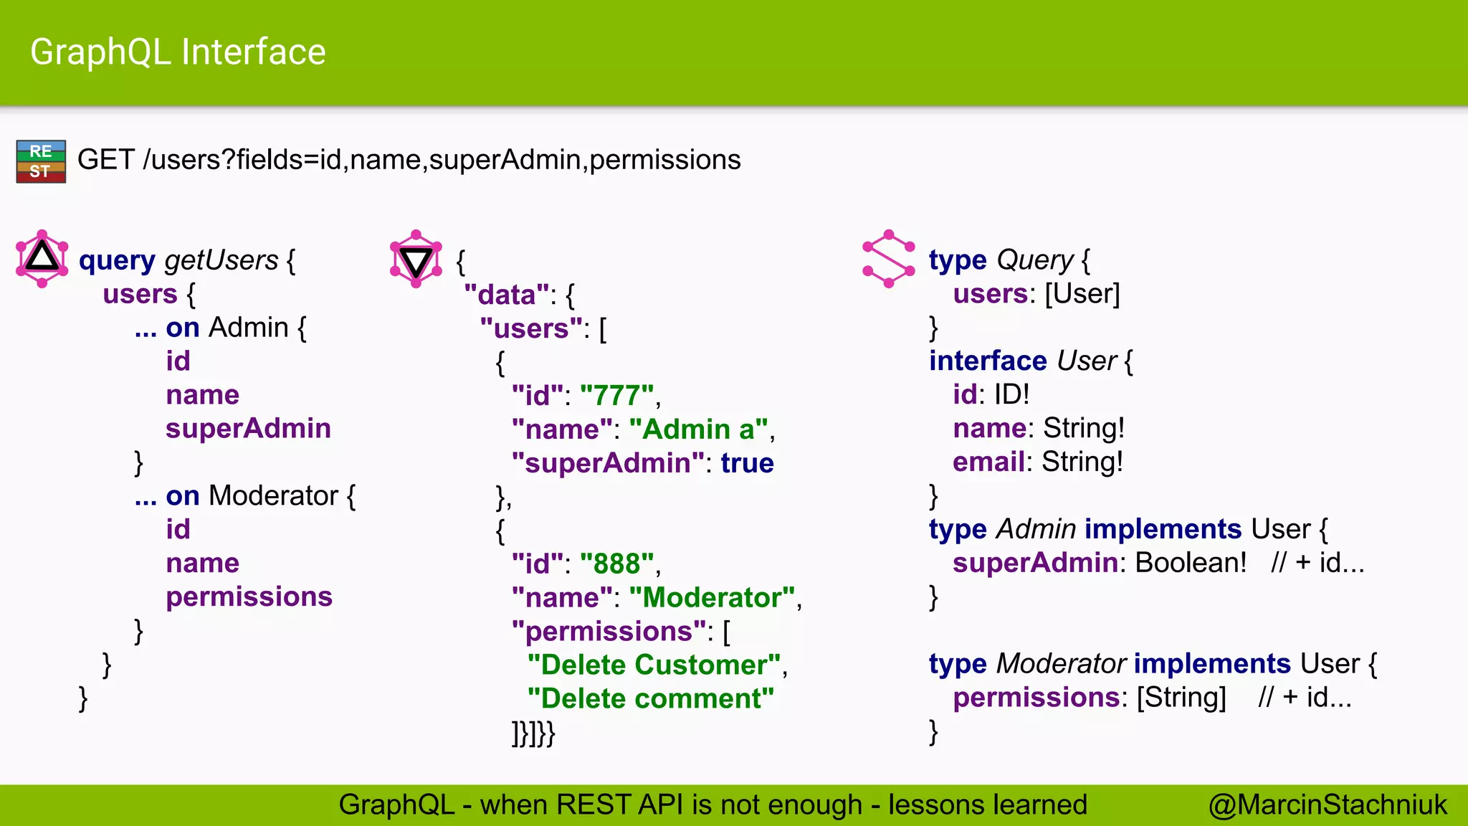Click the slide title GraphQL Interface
point(178,52)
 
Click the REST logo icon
point(41,161)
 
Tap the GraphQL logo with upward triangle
point(42,259)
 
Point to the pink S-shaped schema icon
point(889,259)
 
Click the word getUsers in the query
point(221,260)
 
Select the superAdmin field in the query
point(248,428)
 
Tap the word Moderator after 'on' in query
point(273,495)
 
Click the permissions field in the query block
point(249,597)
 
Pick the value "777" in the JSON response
point(617,395)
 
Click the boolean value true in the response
point(747,463)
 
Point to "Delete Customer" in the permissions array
point(654,665)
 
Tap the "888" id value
point(617,564)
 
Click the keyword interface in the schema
point(988,361)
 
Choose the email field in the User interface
point(988,462)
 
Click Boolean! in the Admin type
point(1191,563)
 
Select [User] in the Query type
point(1082,294)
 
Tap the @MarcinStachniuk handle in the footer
point(1328,804)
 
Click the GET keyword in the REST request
point(105,160)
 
